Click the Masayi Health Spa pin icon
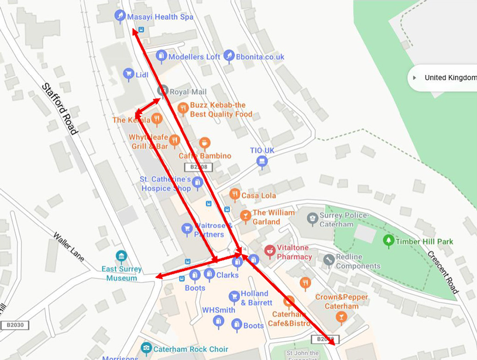[x=119, y=16]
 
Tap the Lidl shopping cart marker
[x=128, y=74]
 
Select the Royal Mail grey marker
[x=163, y=90]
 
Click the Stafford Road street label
[x=59, y=108]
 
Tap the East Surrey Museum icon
[x=121, y=256]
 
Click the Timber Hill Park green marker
[x=388, y=240]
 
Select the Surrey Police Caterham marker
[x=312, y=218]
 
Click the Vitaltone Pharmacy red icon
[x=270, y=251]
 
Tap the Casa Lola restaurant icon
[x=235, y=195]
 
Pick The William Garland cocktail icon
[x=246, y=215]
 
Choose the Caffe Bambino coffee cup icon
[x=204, y=143]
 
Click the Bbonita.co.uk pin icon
[x=229, y=56]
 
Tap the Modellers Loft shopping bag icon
[x=161, y=56]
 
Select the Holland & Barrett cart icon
[x=234, y=296]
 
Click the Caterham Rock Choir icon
[x=146, y=348]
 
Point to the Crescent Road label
[x=443, y=272]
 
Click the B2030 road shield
[x=14, y=325]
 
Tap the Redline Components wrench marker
[x=329, y=260]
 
